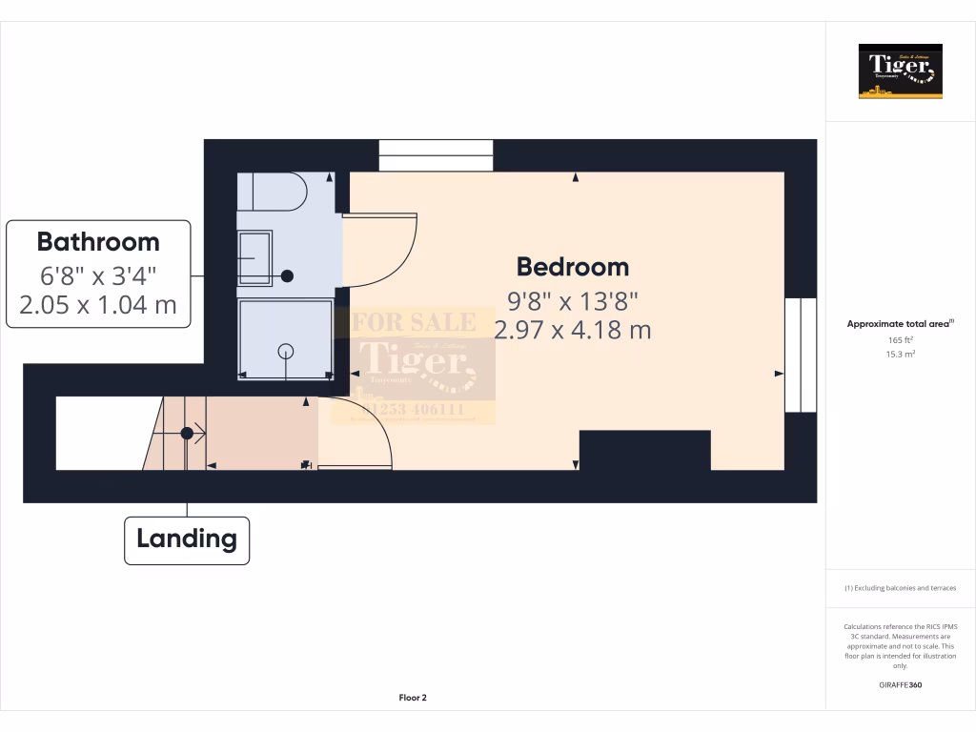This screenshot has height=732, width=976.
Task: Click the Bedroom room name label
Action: click(x=573, y=267)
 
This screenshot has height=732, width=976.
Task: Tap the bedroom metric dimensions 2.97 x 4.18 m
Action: click(x=573, y=331)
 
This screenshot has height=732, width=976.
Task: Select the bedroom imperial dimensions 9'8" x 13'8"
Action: click(x=573, y=301)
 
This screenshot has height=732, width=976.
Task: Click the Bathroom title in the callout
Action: click(x=98, y=241)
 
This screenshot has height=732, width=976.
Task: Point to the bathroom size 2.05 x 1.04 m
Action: click(x=98, y=306)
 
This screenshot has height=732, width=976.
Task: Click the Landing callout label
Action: click(x=187, y=539)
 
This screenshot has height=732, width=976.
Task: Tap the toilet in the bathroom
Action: click(x=272, y=193)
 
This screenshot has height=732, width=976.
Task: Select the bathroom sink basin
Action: click(x=254, y=257)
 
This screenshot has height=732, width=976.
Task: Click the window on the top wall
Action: click(x=436, y=155)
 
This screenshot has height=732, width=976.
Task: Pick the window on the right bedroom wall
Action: click(x=801, y=355)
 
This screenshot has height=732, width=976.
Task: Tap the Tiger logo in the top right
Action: click(x=900, y=71)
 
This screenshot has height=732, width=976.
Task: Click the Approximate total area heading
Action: click(x=899, y=324)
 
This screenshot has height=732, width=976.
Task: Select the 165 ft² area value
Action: click(x=900, y=339)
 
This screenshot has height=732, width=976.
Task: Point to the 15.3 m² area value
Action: click(x=900, y=354)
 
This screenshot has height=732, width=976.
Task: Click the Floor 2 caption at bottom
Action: click(x=413, y=698)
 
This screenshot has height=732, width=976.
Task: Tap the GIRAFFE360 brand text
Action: click(x=900, y=684)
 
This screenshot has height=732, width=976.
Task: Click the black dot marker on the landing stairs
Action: click(x=188, y=434)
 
